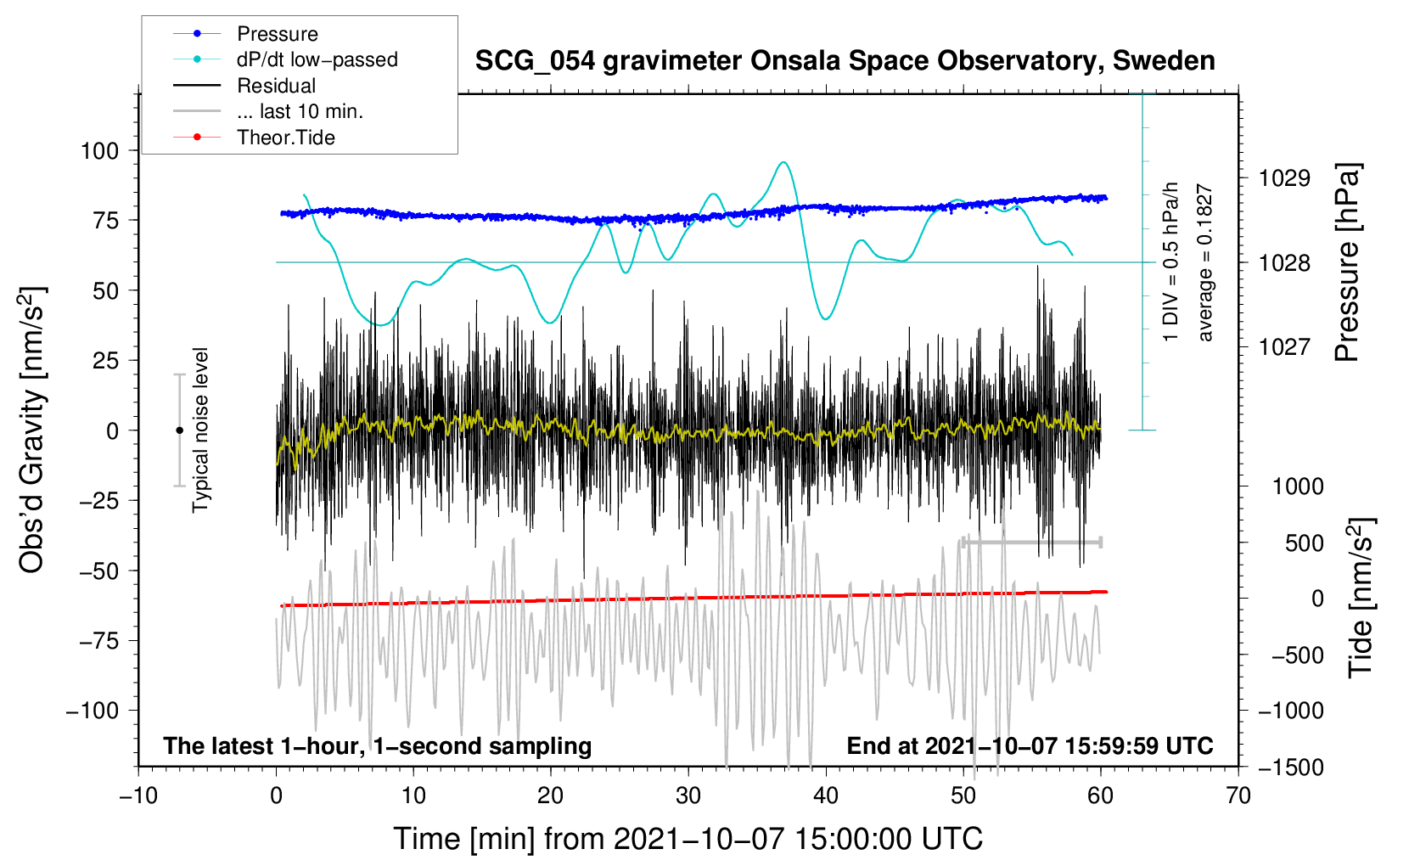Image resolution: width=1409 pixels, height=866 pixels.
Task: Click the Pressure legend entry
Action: click(277, 34)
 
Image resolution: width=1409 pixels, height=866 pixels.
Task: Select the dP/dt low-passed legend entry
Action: click(317, 59)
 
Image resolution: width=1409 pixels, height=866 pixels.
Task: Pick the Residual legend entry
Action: click(276, 86)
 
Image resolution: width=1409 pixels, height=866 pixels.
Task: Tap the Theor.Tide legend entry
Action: click(285, 138)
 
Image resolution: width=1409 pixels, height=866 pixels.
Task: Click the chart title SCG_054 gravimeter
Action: click(845, 61)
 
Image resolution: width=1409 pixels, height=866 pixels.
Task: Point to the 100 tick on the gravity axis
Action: click(99, 151)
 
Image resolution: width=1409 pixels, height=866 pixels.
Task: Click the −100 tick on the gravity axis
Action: click(93, 711)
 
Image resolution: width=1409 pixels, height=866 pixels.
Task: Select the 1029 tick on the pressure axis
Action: click(1284, 178)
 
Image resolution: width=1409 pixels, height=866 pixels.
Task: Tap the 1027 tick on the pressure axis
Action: click(1284, 346)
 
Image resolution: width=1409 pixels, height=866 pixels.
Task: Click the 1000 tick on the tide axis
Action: click(1297, 486)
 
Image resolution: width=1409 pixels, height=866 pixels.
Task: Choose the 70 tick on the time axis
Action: click(1238, 796)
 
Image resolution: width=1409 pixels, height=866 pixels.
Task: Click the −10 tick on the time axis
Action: click(138, 796)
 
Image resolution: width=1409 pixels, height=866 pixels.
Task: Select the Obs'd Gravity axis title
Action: click(32, 430)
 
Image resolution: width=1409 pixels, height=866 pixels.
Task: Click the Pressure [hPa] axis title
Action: click(1347, 262)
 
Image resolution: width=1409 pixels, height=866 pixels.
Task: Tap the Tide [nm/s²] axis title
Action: click(1361, 598)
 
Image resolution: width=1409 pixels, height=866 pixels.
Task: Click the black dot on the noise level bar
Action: click(179, 430)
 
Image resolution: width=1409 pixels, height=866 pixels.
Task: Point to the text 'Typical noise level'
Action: click(200, 430)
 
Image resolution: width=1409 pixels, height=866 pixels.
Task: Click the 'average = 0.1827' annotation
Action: click(1205, 263)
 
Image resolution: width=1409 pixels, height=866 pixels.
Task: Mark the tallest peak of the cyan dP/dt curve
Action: click(783, 162)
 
